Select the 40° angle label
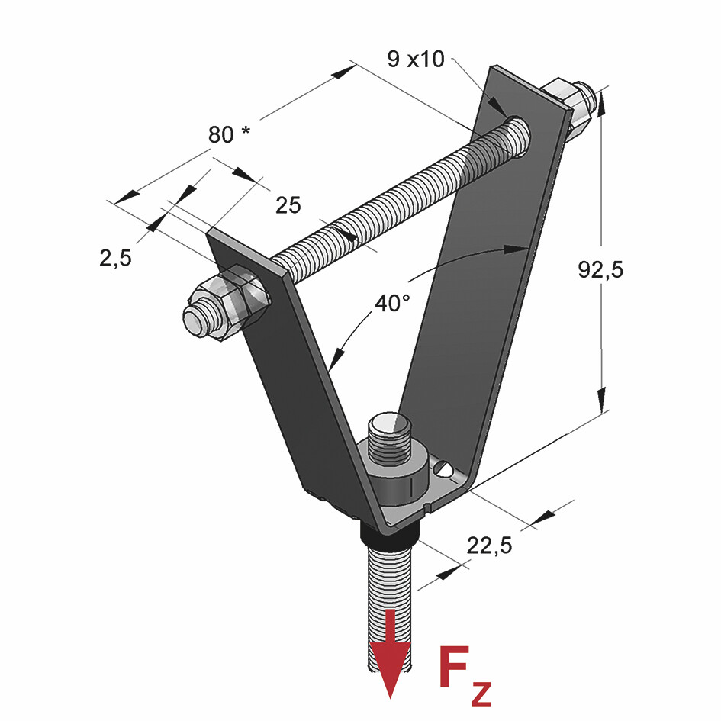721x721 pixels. click(392, 303)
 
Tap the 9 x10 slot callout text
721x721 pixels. click(416, 59)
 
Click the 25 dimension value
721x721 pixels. click(288, 204)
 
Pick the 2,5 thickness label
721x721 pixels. click(115, 258)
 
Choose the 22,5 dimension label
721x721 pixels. click(488, 545)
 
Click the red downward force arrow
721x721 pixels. click(391, 656)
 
